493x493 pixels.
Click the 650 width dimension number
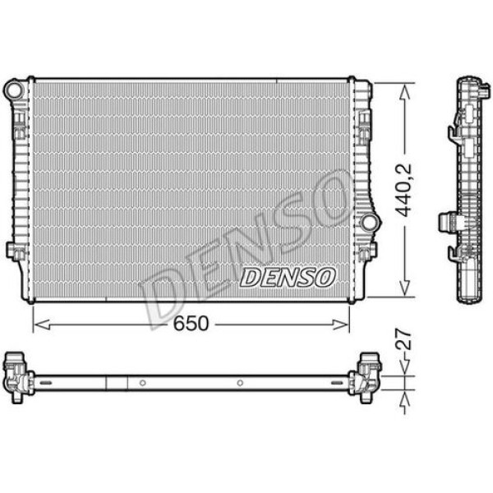click(x=191, y=324)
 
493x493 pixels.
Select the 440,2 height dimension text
click(x=403, y=190)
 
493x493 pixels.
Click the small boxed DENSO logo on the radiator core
click(x=287, y=277)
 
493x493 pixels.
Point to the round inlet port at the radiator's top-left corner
click(x=13, y=88)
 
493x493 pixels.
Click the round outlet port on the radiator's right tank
click(x=368, y=222)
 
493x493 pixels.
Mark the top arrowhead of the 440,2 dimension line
click(x=403, y=90)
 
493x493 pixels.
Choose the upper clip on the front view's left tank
click(x=18, y=123)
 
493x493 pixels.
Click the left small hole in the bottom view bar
click(x=142, y=383)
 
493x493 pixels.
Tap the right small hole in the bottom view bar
click(x=240, y=383)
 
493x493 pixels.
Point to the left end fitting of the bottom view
click(x=18, y=376)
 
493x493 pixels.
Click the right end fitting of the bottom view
click(x=366, y=376)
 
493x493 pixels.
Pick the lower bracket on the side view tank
click(x=449, y=222)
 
